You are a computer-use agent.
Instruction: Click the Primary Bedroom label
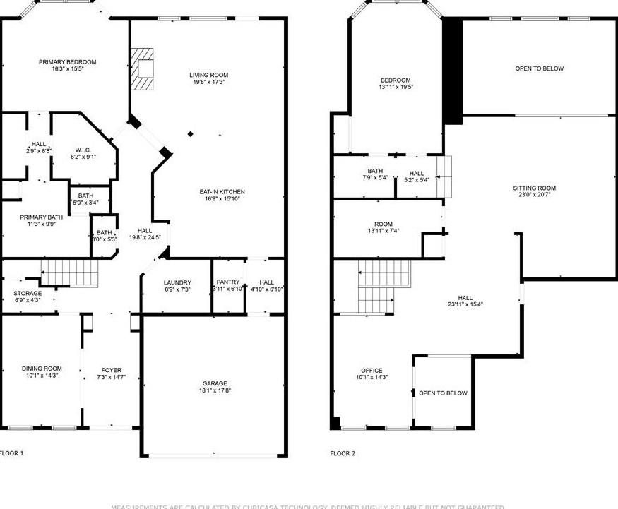(x=67, y=62)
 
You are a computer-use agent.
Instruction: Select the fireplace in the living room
(x=143, y=69)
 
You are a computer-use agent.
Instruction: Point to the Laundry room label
(x=177, y=282)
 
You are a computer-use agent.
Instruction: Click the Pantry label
(x=228, y=282)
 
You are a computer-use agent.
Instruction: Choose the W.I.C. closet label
(x=83, y=150)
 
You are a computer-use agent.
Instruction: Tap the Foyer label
(x=111, y=370)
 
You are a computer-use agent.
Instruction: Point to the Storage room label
(x=28, y=293)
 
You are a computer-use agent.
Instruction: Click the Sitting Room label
(x=534, y=188)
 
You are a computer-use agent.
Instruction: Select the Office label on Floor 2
(x=372, y=370)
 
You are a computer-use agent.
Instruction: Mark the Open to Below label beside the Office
(x=443, y=393)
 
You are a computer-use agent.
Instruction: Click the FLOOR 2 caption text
(x=343, y=453)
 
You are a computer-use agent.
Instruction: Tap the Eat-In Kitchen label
(x=222, y=191)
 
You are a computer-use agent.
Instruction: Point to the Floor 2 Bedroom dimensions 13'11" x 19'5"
(x=396, y=87)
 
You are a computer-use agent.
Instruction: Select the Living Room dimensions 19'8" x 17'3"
(x=208, y=82)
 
